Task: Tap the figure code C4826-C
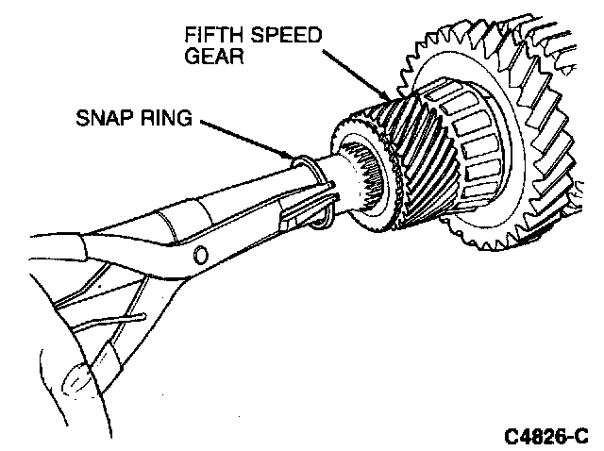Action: point(545,435)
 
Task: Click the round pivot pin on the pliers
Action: point(200,254)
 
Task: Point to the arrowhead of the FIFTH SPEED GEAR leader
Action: point(385,96)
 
